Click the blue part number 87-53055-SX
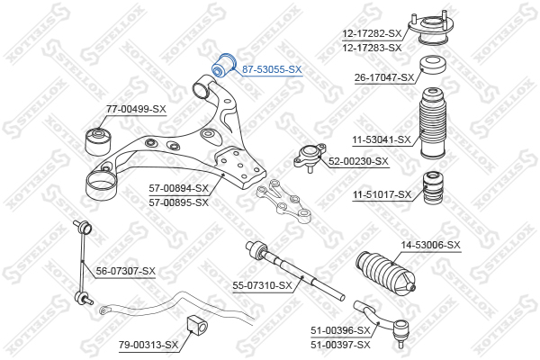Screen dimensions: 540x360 pyautogui.click(x=272, y=69)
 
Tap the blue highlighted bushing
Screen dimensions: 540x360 pyautogui.click(x=222, y=65)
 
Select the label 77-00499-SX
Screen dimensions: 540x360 pyautogui.click(x=136, y=110)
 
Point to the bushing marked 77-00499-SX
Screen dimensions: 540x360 pyautogui.click(x=98, y=141)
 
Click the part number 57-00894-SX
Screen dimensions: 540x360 pyautogui.click(x=179, y=188)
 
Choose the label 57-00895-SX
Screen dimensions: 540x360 pyautogui.click(x=179, y=202)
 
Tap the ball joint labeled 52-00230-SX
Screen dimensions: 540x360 pyautogui.click(x=310, y=157)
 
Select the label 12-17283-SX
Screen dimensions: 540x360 pyautogui.click(x=372, y=48)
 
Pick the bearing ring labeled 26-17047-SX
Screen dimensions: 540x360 pyautogui.click(x=433, y=64)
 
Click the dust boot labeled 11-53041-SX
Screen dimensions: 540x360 pyautogui.click(x=434, y=123)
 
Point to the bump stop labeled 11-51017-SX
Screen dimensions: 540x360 pyautogui.click(x=433, y=187)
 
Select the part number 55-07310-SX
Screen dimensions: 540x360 pyautogui.click(x=263, y=285)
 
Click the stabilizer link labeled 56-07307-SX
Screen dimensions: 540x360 pyautogui.click(x=83, y=263)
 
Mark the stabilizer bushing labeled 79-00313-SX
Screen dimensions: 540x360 pyautogui.click(x=197, y=328)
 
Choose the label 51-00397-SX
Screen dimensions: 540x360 pyautogui.click(x=340, y=345)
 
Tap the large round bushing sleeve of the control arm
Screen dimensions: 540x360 pyautogui.click(x=101, y=184)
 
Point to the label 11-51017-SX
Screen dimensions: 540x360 pyautogui.click(x=382, y=195)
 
